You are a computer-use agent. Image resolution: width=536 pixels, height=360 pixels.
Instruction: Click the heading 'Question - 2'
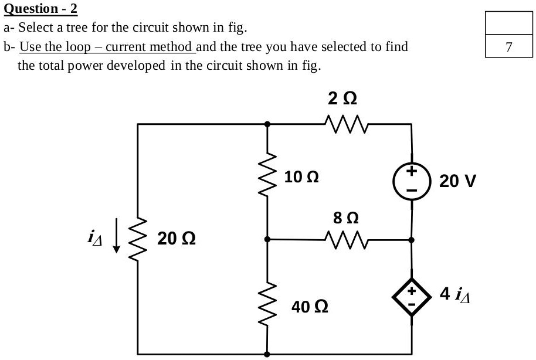(40, 9)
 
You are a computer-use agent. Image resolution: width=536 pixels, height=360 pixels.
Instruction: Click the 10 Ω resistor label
(301, 176)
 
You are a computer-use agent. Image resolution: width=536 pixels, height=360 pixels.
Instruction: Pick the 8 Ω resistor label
(344, 218)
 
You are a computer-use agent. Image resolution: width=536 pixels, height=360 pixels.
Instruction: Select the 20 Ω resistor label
(177, 239)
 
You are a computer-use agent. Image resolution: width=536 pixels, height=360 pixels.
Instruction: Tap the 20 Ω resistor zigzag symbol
(138, 239)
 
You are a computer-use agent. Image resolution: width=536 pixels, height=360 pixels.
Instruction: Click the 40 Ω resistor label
(310, 306)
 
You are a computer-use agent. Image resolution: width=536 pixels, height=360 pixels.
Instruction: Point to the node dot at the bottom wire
(268, 354)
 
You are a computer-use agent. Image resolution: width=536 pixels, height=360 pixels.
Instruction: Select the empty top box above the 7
(508, 23)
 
